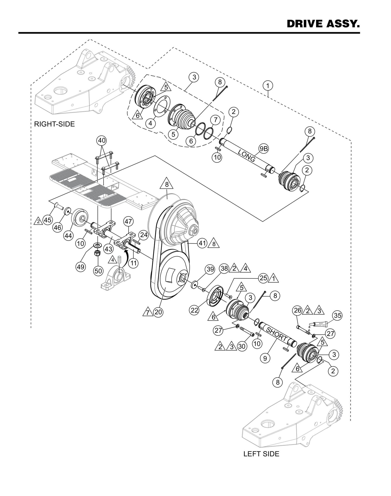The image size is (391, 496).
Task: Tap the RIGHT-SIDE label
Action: [x=54, y=124]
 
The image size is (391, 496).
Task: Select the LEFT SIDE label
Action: [x=261, y=454]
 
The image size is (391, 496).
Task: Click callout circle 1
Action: [x=268, y=86]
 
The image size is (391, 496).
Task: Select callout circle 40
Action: [x=102, y=141]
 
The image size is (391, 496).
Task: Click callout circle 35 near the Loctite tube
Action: [x=337, y=315]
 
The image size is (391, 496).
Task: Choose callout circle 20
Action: [x=158, y=312]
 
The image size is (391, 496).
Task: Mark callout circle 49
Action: [x=81, y=267]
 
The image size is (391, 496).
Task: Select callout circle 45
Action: [x=48, y=220]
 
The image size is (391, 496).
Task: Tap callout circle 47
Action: [x=128, y=222]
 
